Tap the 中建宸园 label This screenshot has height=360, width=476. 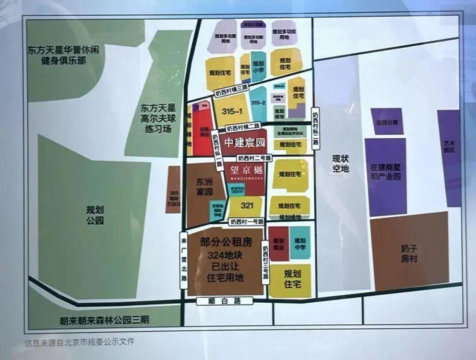point(245,143)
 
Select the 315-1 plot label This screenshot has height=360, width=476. point(233,111)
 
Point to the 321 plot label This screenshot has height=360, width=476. point(247,205)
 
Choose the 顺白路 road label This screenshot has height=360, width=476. point(225,301)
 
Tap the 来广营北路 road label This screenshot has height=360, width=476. point(184,260)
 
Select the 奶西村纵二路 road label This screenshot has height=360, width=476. point(315,130)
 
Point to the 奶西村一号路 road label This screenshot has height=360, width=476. point(247,222)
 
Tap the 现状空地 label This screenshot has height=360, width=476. point(341,163)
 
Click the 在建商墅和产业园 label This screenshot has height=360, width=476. point(385,172)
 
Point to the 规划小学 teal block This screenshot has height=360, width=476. point(258,66)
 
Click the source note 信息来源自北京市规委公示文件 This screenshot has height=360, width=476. point(79,341)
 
